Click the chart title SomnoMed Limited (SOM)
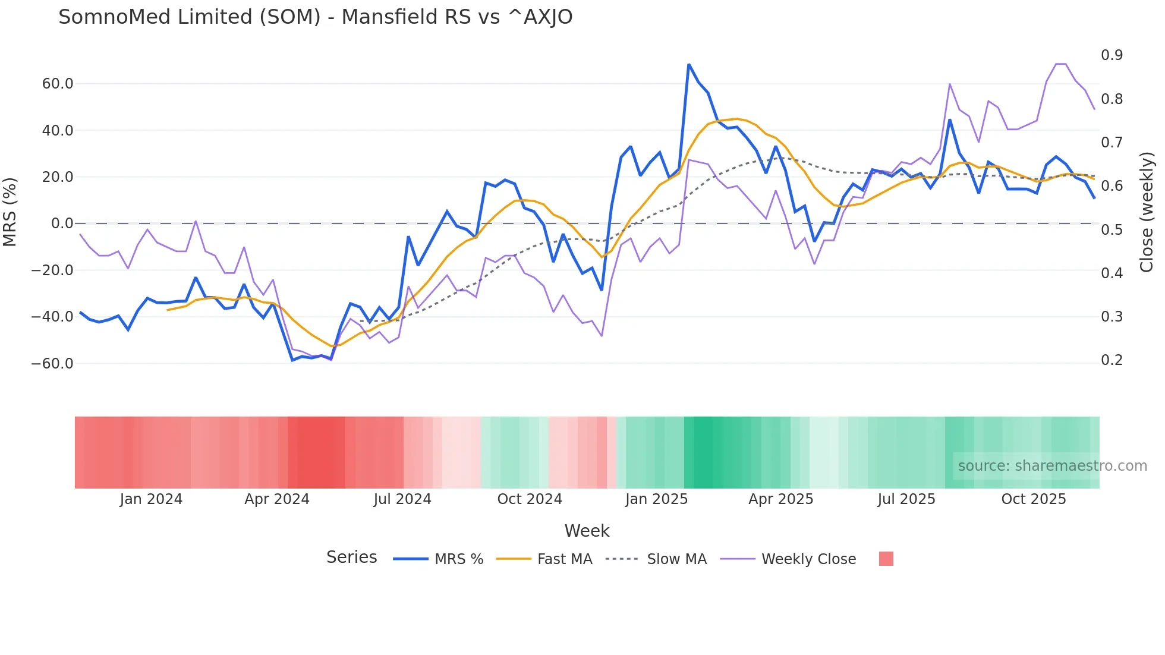pyautogui.click(x=315, y=17)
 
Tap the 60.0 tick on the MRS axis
pyautogui.click(x=58, y=84)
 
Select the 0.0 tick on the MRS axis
pyautogui.click(x=62, y=223)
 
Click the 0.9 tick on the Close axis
pyautogui.click(x=1112, y=55)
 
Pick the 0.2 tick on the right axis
pyautogui.click(x=1112, y=360)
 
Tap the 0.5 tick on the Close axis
pyautogui.click(x=1112, y=229)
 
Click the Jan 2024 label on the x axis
pyautogui.click(x=151, y=499)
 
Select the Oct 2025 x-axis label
pyautogui.click(x=1034, y=499)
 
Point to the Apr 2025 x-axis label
pyautogui.click(x=780, y=499)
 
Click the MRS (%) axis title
pyautogui.click(x=10, y=212)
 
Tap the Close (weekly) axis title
pyautogui.click(x=1147, y=212)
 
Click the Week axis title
pyautogui.click(x=587, y=531)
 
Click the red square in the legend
pyautogui.click(x=886, y=559)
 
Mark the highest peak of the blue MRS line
pyautogui.click(x=689, y=64)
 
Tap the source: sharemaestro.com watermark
pyautogui.click(x=1052, y=466)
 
